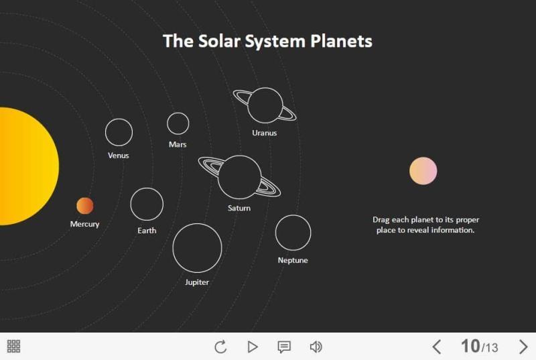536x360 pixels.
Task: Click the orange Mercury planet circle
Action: pyautogui.click(x=85, y=206)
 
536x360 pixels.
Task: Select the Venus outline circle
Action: pyautogui.click(x=119, y=132)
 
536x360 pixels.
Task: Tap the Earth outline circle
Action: pyautogui.click(x=147, y=204)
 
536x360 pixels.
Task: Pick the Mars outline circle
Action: pyautogui.click(x=178, y=123)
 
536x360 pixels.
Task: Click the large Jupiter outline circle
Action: pyautogui.click(x=197, y=248)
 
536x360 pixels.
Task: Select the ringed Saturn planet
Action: pyautogui.click(x=239, y=178)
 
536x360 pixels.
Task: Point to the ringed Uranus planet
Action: pyautogui.click(x=265, y=105)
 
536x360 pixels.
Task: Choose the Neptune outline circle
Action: pyautogui.click(x=293, y=233)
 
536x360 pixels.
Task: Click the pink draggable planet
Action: pyautogui.click(x=423, y=171)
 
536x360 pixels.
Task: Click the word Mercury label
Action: pyautogui.click(x=84, y=224)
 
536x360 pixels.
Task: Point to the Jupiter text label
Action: pyautogui.click(x=197, y=282)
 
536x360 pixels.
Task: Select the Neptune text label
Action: pyautogui.click(x=293, y=260)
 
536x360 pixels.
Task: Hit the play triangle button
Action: pyautogui.click(x=253, y=347)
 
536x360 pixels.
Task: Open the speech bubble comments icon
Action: pyautogui.click(x=284, y=347)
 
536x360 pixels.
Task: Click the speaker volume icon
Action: pyautogui.click(x=316, y=347)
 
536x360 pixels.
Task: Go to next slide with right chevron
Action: pyautogui.click(x=524, y=347)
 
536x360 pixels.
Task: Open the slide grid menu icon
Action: pyautogui.click(x=13, y=347)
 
